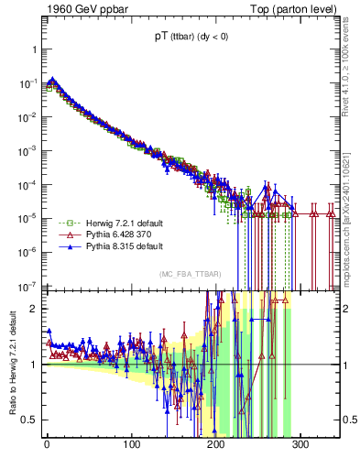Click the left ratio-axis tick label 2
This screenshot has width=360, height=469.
(x=34, y=308)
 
